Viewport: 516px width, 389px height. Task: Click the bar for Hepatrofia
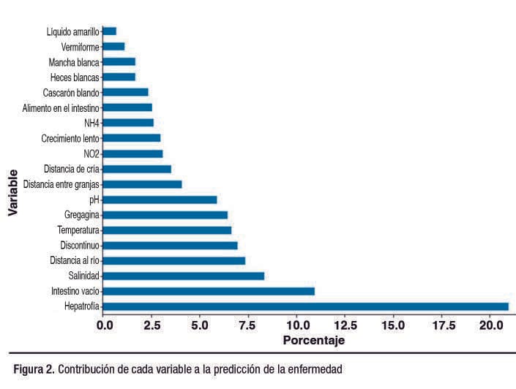coord(305,306)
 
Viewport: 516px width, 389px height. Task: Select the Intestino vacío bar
coord(209,291)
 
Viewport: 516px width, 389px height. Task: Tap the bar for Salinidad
coord(183,276)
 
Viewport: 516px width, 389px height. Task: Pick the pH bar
coord(160,199)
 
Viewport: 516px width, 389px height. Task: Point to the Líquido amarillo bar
coord(109,31)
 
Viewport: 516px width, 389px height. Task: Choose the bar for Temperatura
coord(167,230)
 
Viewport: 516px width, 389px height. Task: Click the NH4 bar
coord(128,123)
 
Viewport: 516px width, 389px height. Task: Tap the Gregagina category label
coord(82,215)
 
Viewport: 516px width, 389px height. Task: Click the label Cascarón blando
coord(71,92)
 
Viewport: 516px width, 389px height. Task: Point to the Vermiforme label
coord(81,46)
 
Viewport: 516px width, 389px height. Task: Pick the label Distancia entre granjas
coord(61,184)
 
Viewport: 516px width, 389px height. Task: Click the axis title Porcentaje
coord(313,341)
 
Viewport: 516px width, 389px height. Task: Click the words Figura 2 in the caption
coord(34,369)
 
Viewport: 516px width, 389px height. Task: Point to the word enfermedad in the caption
coord(311,369)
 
